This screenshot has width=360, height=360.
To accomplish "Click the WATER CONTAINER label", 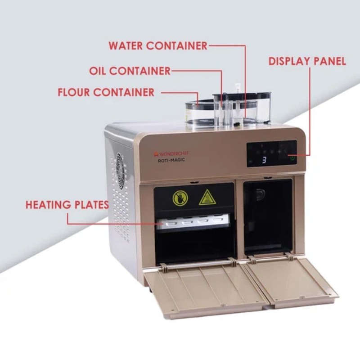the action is (x=158, y=46).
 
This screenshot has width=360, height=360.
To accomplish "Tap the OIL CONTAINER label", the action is (x=130, y=71).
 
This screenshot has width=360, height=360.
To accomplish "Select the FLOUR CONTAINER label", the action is (x=106, y=92).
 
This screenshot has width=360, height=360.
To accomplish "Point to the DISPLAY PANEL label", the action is (x=307, y=61).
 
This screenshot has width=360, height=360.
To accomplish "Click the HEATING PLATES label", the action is (x=67, y=205).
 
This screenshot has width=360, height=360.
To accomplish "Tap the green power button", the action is (x=292, y=158).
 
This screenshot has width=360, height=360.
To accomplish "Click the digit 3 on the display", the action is (x=264, y=160).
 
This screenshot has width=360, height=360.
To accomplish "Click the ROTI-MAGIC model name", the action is (x=171, y=160).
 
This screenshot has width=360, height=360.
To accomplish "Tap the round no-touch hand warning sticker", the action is (x=180, y=198).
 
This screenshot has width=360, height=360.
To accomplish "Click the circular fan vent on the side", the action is (x=120, y=171).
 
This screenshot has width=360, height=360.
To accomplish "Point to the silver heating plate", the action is (x=193, y=221).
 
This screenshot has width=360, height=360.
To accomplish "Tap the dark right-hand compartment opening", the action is (x=268, y=217).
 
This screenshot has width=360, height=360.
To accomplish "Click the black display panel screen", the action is (x=272, y=153).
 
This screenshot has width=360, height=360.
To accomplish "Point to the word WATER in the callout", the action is (x=126, y=46).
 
